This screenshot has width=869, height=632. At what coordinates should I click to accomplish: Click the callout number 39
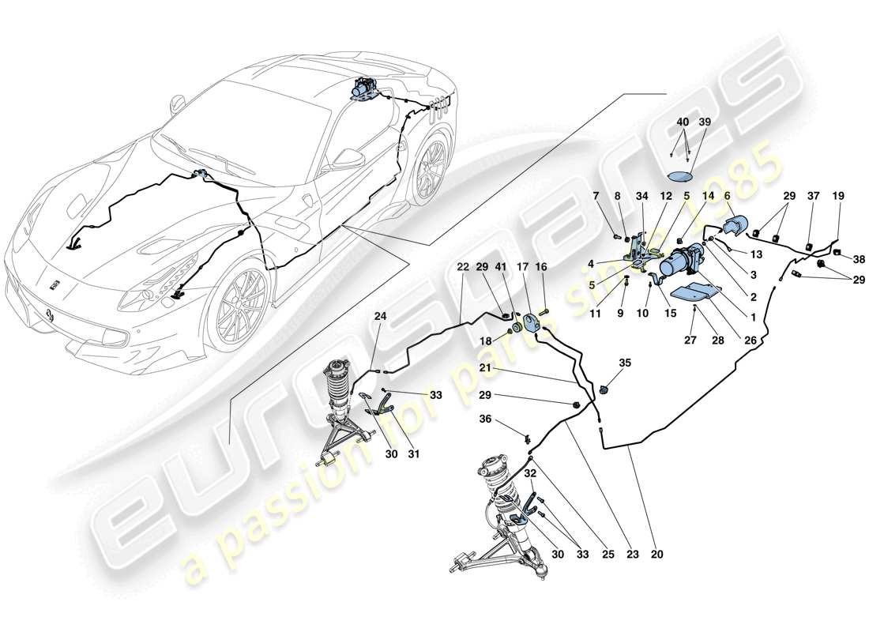[704, 122]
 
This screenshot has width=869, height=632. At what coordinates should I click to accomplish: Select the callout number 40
[682, 122]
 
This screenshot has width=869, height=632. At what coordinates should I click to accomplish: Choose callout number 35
[625, 364]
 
